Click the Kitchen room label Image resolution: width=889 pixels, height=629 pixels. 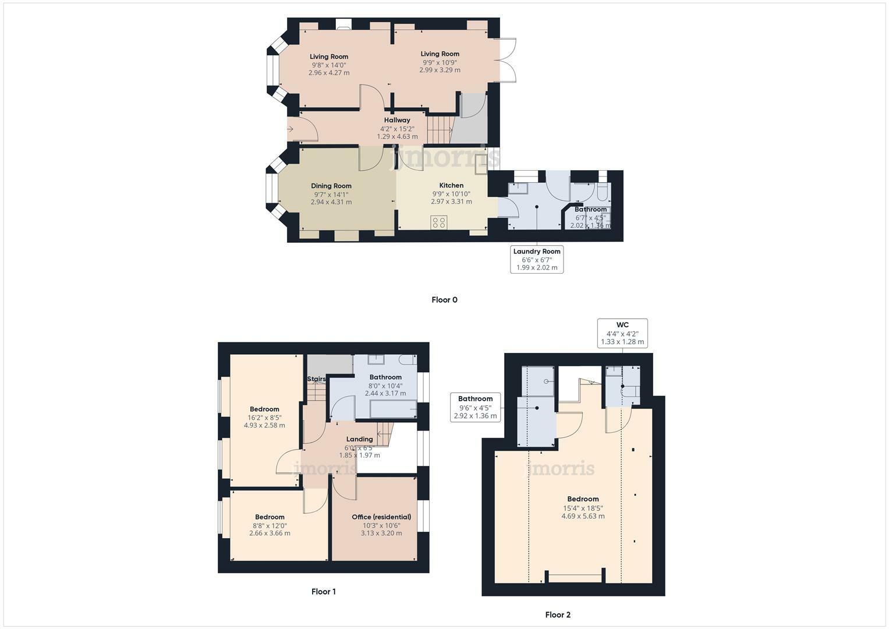[451, 185]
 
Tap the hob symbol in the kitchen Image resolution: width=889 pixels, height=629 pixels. [439, 222]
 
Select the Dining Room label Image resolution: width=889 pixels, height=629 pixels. [331, 186]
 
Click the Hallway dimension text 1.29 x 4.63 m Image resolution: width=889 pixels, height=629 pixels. [397, 136]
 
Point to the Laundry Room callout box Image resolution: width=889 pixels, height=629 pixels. [537, 259]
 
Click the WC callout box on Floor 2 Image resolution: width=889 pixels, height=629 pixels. [622, 333]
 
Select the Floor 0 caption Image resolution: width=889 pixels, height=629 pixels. [444, 300]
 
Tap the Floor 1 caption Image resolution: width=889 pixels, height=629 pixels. [323, 591]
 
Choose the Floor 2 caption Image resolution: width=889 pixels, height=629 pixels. [558, 614]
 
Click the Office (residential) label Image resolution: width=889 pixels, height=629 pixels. [381, 517]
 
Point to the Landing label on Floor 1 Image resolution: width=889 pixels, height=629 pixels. [359, 439]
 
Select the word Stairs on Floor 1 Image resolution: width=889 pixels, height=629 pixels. [316, 379]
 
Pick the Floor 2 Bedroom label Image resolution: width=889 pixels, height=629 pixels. [583, 499]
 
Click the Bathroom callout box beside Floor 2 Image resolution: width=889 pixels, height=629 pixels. [475, 407]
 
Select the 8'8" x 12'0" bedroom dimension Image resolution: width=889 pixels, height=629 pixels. [270, 525]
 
